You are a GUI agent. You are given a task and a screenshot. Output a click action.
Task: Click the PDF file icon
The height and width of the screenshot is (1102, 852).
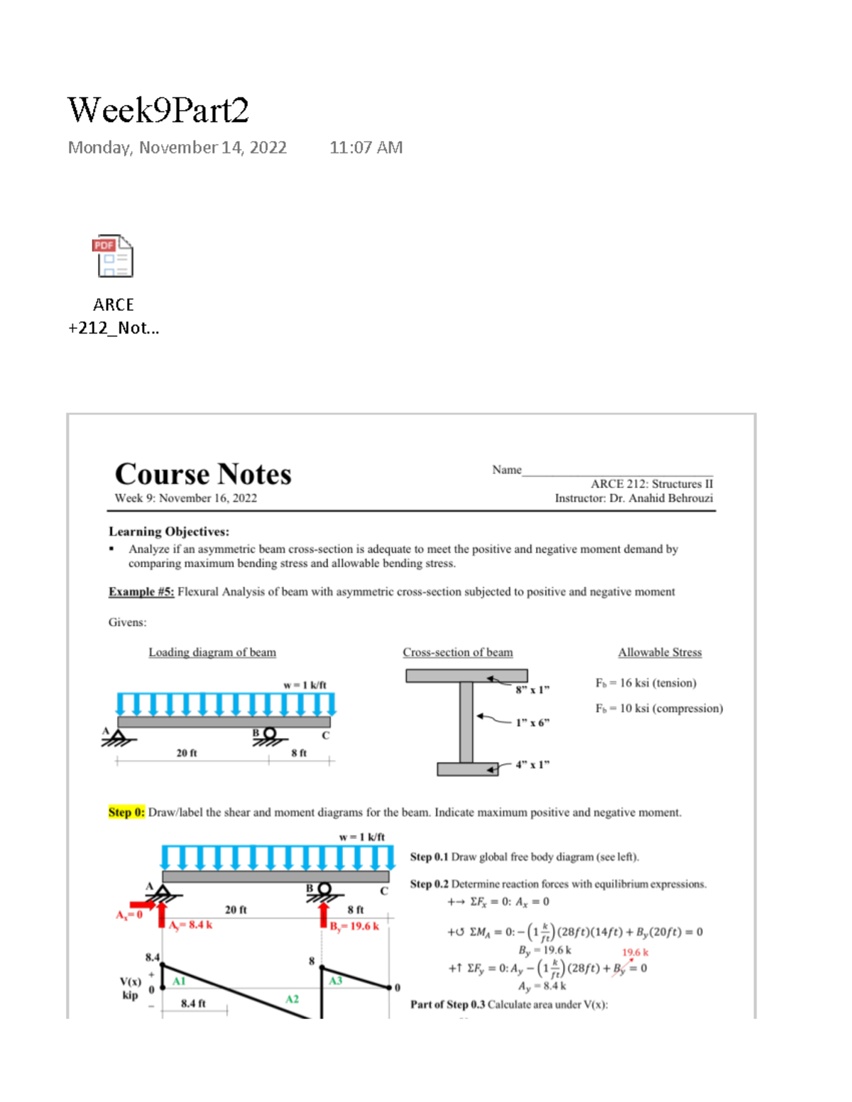tap(113, 256)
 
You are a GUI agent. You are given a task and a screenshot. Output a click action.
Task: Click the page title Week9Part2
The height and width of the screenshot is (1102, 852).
tap(158, 111)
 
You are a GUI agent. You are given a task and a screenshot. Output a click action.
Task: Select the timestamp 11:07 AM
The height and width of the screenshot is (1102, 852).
tap(366, 148)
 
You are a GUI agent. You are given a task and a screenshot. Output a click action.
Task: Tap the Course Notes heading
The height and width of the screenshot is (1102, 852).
tap(203, 474)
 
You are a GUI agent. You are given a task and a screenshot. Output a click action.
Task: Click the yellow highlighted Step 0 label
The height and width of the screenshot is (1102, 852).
tap(126, 812)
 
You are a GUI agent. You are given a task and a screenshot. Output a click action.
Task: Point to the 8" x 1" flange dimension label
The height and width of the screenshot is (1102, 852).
tap(532, 690)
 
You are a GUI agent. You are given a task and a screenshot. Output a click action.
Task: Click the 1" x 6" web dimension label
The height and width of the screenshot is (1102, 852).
tap(532, 722)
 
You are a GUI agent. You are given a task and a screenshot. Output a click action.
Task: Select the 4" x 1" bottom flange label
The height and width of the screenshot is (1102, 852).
tap(532, 764)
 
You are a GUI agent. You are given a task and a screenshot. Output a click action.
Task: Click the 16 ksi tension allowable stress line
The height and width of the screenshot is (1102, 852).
tap(645, 683)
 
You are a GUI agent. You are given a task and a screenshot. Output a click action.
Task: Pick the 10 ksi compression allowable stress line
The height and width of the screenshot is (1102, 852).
tap(659, 708)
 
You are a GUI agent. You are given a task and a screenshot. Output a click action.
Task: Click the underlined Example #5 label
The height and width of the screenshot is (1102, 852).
tap(141, 592)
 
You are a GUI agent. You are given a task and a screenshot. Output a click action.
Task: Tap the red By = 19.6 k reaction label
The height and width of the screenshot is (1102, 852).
tap(354, 926)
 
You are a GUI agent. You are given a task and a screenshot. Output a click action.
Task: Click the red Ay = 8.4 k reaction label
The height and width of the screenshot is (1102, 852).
tap(190, 925)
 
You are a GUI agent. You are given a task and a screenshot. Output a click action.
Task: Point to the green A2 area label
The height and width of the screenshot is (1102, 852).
tap(292, 999)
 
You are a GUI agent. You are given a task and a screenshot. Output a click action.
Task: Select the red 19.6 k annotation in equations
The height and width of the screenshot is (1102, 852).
tap(635, 952)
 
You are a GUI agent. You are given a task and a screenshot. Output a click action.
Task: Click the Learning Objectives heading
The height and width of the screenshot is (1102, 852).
tap(169, 531)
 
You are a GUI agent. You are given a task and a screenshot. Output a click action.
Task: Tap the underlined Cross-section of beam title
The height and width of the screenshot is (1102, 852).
tap(457, 652)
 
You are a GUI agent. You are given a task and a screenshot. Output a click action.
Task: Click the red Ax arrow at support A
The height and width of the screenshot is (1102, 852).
tap(143, 905)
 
